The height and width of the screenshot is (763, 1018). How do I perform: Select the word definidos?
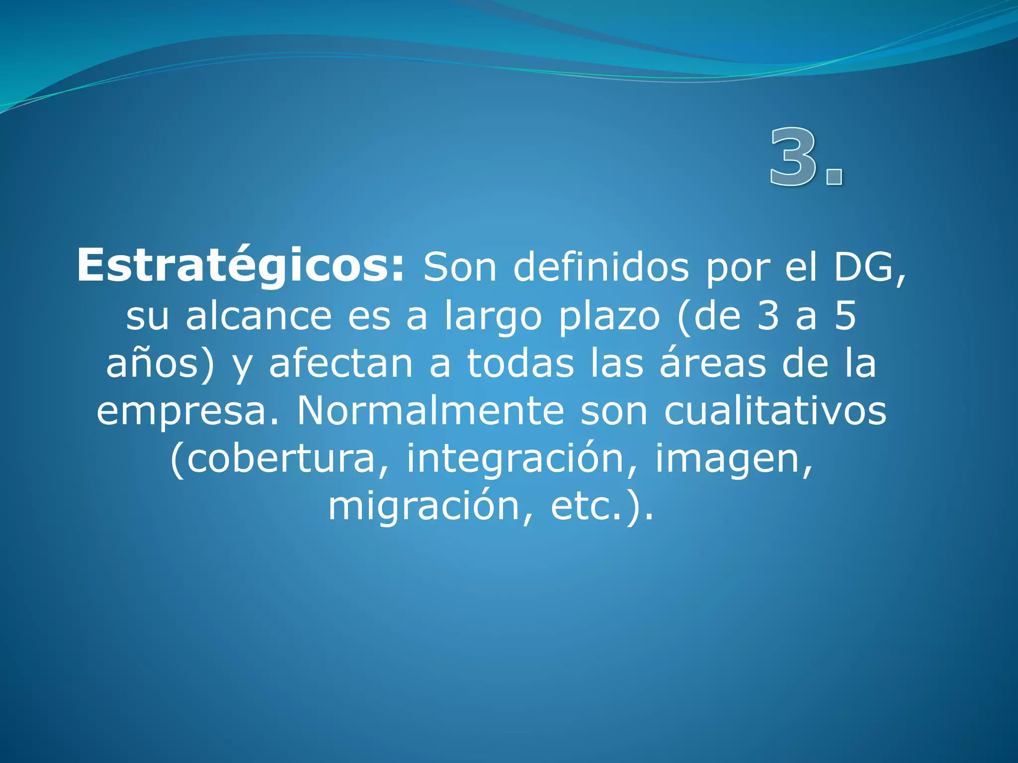click(601, 267)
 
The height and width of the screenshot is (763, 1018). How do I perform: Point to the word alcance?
click(258, 316)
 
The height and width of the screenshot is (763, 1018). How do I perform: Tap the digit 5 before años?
click(845, 316)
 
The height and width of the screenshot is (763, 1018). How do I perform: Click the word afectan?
click(341, 364)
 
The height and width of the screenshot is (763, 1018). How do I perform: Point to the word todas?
click(520, 364)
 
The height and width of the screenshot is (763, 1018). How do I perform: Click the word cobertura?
click(280, 458)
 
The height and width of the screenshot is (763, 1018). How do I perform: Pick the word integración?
click(515, 458)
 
